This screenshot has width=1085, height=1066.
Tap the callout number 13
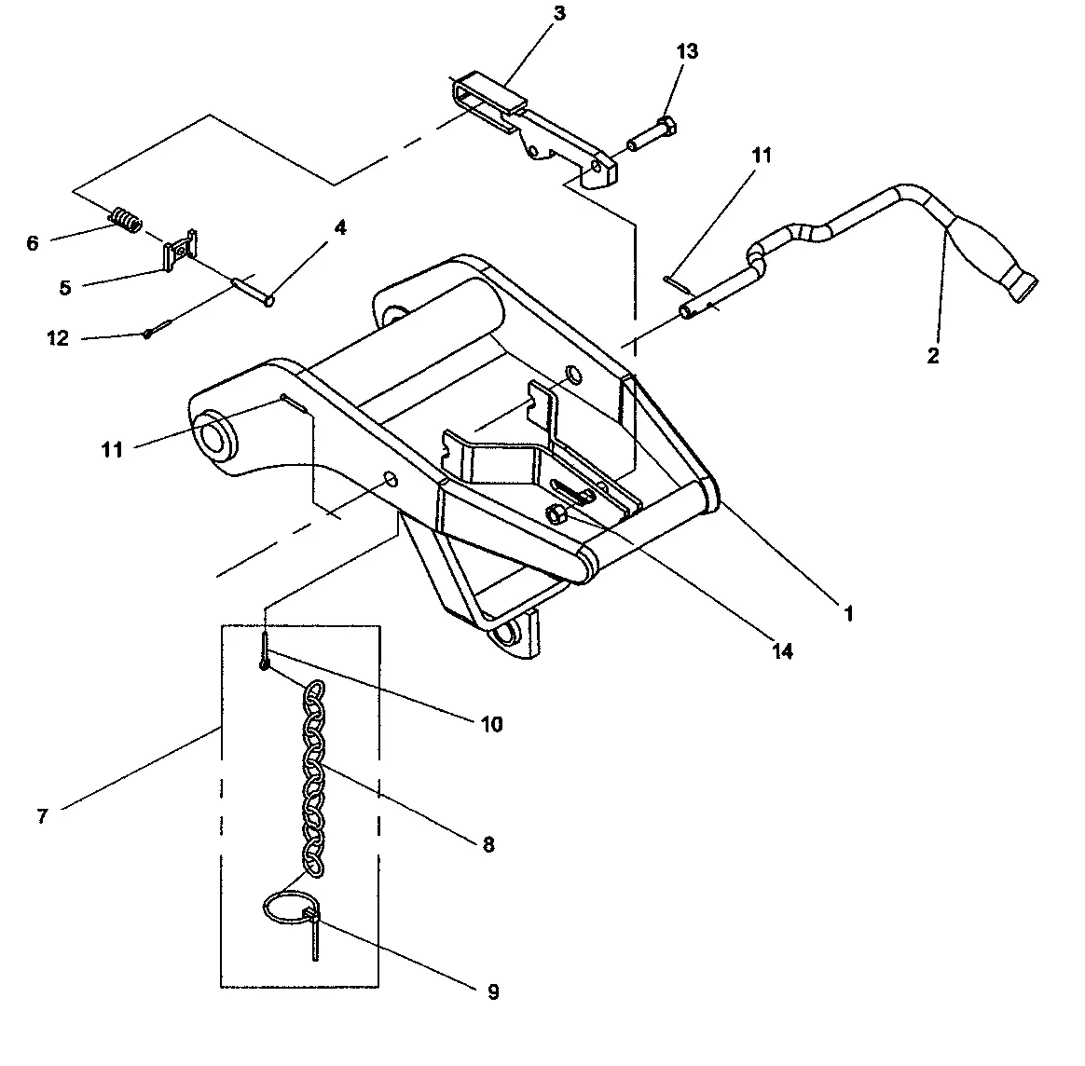686,51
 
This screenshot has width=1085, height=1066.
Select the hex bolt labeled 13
652,134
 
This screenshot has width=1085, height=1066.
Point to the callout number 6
33,243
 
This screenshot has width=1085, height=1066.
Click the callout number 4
340,227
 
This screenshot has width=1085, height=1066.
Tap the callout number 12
58,338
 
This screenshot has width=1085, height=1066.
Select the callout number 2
933,355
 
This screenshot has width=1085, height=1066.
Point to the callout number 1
848,614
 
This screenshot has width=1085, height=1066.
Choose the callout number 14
783,651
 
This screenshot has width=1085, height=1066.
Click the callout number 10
491,723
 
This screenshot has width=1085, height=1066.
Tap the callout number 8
488,844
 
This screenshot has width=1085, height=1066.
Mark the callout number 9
493,992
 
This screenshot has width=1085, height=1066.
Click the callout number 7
42,816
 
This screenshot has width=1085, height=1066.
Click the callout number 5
64,287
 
